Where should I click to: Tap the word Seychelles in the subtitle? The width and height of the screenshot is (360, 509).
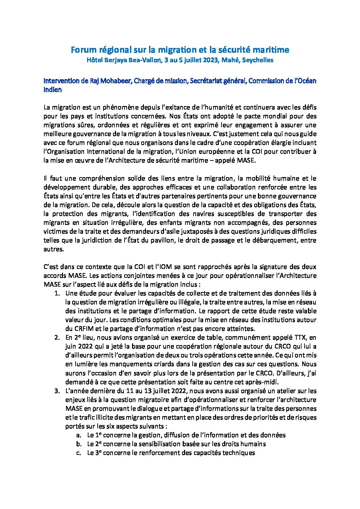click(x=258, y=60)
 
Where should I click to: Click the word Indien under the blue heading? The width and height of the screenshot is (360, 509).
click(x=53, y=90)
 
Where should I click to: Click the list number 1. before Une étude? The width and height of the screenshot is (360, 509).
click(x=58, y=293)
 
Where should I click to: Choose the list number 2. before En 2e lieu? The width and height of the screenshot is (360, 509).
click(x=58, y=338)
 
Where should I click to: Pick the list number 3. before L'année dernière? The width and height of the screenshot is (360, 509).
click(x=58, y=391)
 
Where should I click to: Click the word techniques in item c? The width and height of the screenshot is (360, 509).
click(x=237, y=453)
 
